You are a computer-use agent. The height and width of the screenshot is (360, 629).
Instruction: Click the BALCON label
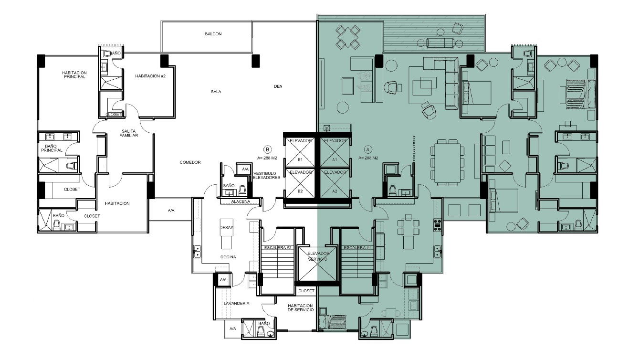click(213, 34)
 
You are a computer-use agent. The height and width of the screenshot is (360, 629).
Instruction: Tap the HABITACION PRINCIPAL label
click(74, 75)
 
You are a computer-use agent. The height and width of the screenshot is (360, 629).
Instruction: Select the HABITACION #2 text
click(150, 76)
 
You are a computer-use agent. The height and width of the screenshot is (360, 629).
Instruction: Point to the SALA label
click(216, 92)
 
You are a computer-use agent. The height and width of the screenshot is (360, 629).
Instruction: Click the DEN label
click(278, 86)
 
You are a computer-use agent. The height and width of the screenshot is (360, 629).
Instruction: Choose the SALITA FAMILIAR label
click(128, 133)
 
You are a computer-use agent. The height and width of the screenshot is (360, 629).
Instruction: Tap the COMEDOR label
click(190, 162)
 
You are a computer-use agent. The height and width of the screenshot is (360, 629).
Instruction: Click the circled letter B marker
click(267, 149)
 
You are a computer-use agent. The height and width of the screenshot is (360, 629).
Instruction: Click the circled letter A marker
click(368, 149)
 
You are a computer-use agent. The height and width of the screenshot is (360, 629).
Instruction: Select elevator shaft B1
click(300, 152)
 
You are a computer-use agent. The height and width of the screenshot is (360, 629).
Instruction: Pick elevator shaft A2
click(335, 183)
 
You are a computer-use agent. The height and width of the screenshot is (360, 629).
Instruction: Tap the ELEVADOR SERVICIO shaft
click(317, 264)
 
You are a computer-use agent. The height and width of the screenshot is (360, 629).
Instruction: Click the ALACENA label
click(241, 201)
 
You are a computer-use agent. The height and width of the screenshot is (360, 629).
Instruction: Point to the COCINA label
click(228, 257)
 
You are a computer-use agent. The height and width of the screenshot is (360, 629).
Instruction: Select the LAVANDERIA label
click(237, 303)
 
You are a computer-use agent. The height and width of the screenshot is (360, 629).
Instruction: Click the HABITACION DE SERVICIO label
click(301, 308)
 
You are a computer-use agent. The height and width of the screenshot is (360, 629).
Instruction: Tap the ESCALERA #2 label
click(277, 248)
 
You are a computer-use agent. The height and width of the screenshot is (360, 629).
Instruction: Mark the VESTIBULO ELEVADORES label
click(266, 176)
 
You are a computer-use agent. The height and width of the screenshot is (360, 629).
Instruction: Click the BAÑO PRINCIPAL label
click(52, 148)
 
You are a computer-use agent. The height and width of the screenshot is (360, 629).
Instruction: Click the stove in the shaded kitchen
click(437, 225)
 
